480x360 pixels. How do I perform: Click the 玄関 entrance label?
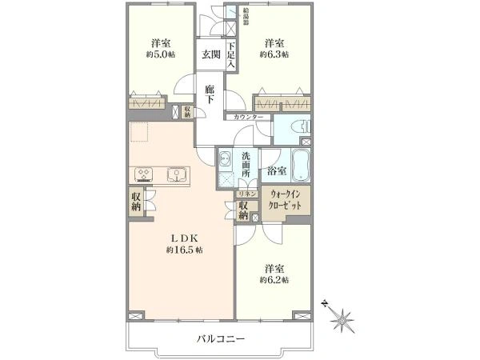(x=211, y=54)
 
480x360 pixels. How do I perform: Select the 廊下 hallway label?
(x=210, y=94)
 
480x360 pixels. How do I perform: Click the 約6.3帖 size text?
(x=274, y=55)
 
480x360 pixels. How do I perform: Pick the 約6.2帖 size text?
(x=274, y=280)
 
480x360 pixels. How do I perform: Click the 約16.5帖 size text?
(x=184, y=250)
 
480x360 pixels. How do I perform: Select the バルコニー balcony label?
(x=223, y=339)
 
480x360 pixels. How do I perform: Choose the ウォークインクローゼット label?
(x=286, y=200)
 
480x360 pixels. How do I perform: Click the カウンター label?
(x=249, y=118)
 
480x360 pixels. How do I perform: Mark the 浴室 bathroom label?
(x=278, y=170)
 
